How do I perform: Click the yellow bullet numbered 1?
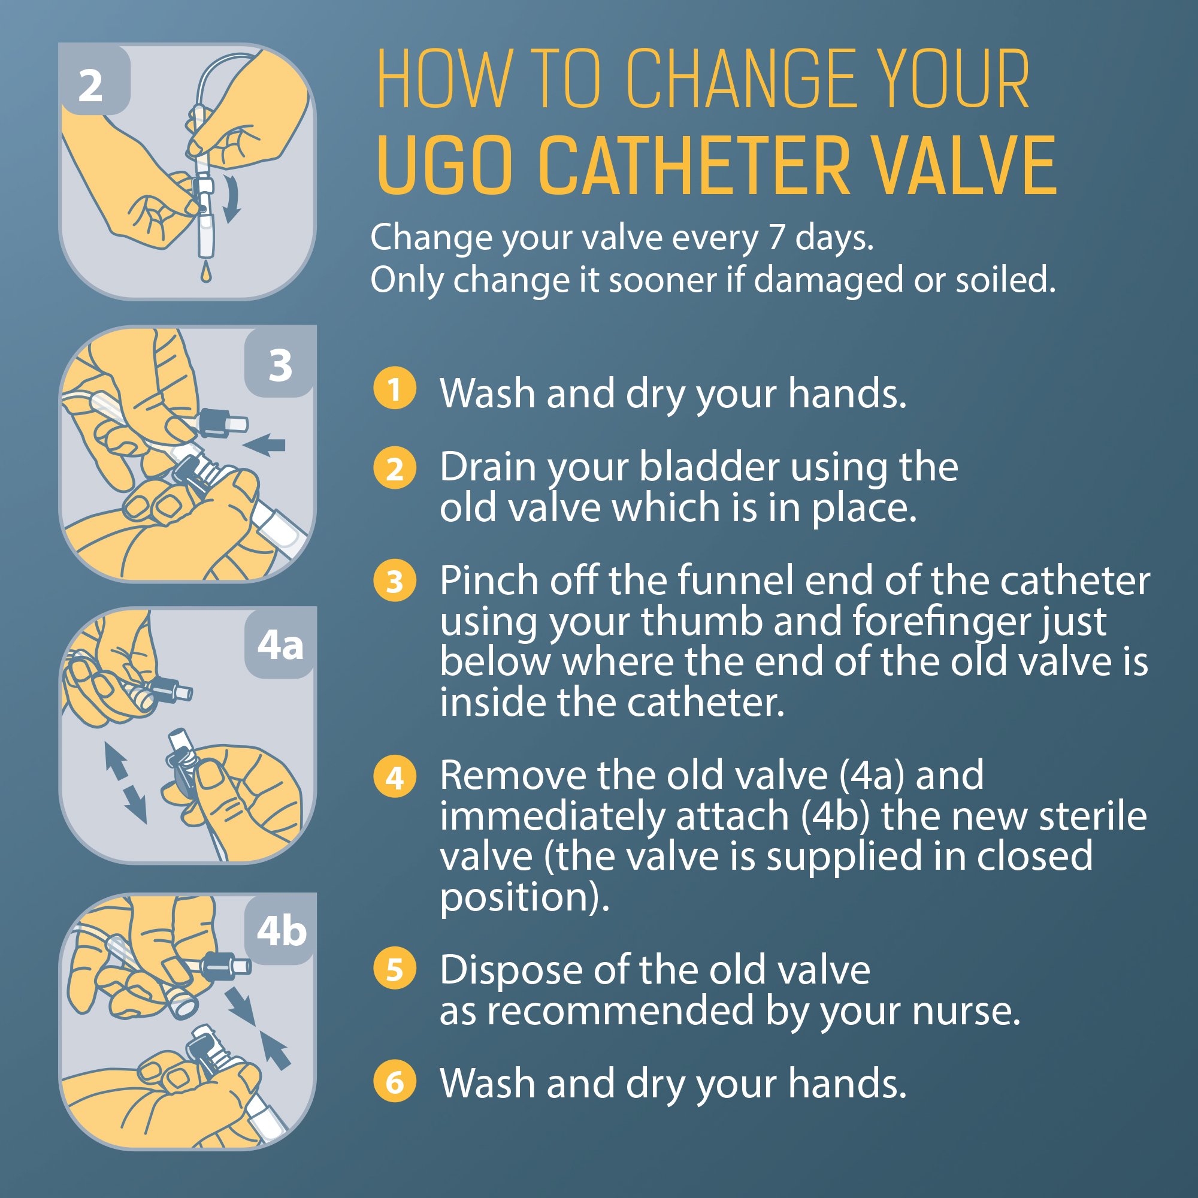pos(394,389)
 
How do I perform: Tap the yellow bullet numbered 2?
pos(394,468)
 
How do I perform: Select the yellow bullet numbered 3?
pos(394,581)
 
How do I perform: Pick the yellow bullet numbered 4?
pos(394,776)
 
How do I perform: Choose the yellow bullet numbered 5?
pos(394,969)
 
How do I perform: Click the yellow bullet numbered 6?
pos(394,1082)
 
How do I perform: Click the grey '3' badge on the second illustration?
pos(280,365)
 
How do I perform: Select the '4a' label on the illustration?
pos(280,646)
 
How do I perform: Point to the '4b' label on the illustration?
pos(282,931)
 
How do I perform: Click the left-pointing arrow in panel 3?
pos(264,444)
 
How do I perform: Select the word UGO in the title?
pos(444,166)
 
